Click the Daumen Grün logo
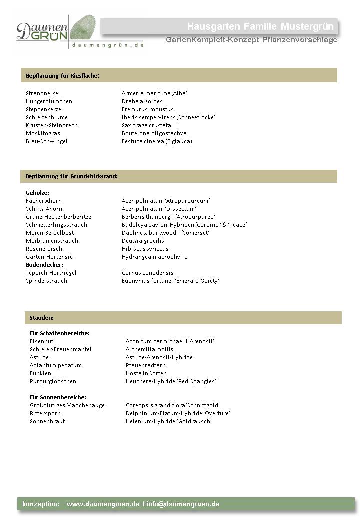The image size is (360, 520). coord(80,33)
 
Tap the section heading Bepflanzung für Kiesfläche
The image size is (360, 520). coord(62,76)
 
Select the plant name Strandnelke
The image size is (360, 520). coord(42,93)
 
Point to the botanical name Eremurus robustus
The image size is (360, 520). coord(148,109)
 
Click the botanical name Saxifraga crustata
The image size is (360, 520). coord(146,125)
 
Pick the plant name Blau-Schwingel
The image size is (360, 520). coord(46,141)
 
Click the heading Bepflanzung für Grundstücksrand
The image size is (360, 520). coord(71,176)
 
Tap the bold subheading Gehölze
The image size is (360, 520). coord(37,193)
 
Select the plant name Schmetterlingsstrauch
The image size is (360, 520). coord(56,225)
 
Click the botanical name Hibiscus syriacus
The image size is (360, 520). coord(145,249)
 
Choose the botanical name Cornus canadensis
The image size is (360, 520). coord(148,273)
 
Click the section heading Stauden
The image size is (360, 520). coord(41,318)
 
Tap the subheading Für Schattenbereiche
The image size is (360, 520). coord(59,333)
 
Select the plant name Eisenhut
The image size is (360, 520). coord(41,341)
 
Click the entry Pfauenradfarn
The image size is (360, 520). coord(146,365)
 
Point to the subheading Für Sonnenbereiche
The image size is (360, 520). coord(58,397)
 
